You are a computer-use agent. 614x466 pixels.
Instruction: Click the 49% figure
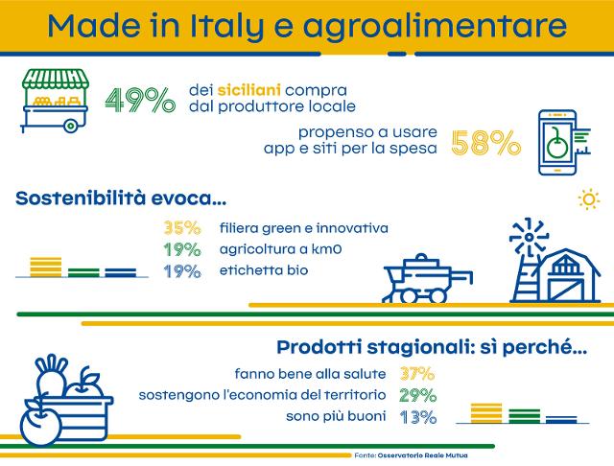[139, 99]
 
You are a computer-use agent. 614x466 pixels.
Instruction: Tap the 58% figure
[485, 143]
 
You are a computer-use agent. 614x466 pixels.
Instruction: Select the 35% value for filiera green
[181, 228]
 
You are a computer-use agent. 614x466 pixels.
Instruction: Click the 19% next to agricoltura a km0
[181, 249]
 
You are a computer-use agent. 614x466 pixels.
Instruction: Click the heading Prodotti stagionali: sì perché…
[432, 347]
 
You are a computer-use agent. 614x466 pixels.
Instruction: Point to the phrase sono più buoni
[335, 417]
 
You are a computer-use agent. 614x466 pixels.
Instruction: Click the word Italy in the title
[246, 25]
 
